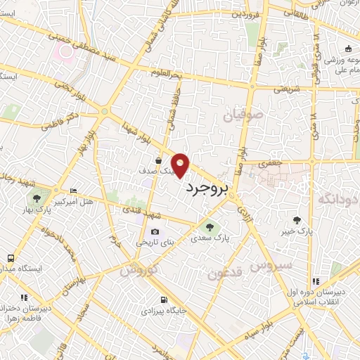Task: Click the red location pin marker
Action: (181, 166)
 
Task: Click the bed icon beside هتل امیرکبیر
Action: (74, 191)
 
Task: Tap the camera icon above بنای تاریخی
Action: (155, 232)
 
